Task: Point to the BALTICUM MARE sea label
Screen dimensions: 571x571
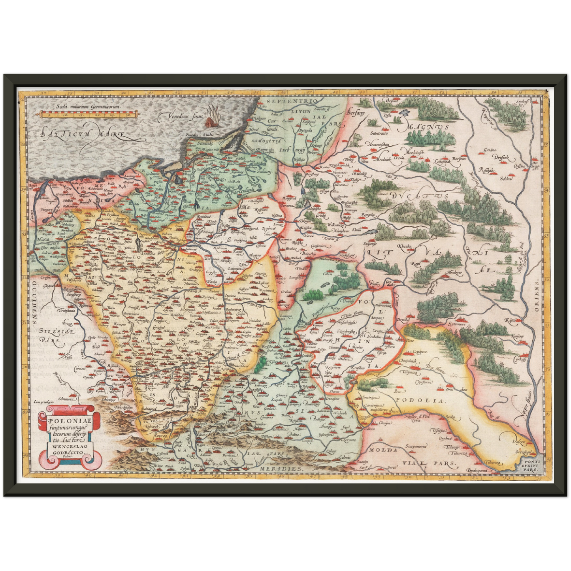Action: coord(83,134)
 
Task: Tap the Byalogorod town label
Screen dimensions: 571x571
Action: coord(479,471)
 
